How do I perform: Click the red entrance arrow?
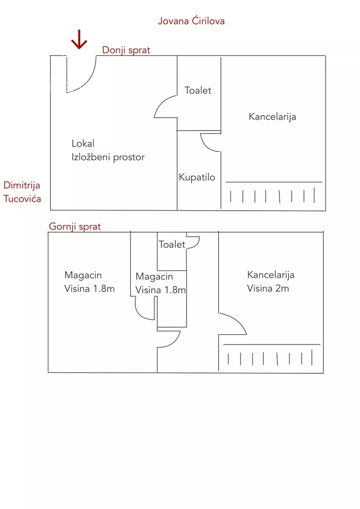tap(79, 40)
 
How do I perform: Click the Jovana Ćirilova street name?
tap(191, 21)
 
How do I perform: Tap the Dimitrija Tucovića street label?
tap(22, 192)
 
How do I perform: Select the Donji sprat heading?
tap(126, 50)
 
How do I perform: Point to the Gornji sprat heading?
tap(75, 227)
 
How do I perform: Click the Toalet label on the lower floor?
tap(198, 90)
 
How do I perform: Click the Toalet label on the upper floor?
tap(172, 244)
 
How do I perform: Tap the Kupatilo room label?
tap(197, 177)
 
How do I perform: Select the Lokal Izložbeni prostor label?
tap(108, 150)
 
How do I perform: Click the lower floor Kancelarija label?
tap(272, 116)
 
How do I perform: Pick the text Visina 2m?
tap(268, 288)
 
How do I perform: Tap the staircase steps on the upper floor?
tap(271, 359)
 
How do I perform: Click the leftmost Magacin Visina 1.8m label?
tap(89, 282)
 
